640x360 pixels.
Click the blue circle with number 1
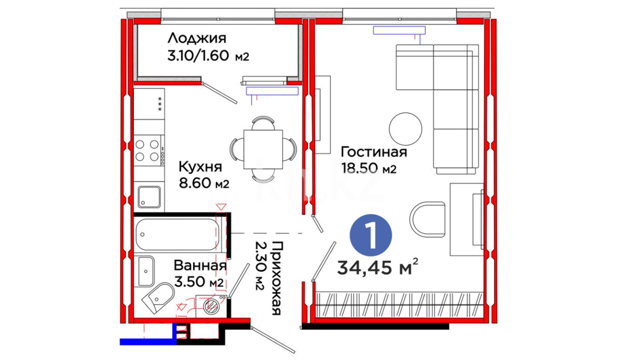pyautogui.click(x=371, y=235)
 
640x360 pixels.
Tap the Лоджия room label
pyautogui.click(x=197, y=38)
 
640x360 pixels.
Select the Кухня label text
pyautogui.click(x=200, y=167)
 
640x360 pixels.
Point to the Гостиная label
pyautogui.click(x=374, y=152)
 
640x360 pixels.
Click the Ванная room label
pyautogui.click(x=200, y=266)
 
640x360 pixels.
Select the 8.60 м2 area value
pyautogui.click(x=204, y=183)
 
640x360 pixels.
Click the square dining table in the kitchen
pyautogui.click(x=263, y=149)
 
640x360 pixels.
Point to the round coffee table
pyautogui.click(x=405, y=129)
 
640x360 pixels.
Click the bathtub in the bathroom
pyautogui.click(x=177, y=234)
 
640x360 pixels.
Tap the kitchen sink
pyautogui.click(x=149, y=197)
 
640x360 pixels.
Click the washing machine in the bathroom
pyautogui.click(x=211, y=306)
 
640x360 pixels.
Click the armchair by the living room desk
pyautogui.click(x=428, y=219)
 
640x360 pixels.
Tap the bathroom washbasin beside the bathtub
pyautogui.click(x=146, y=271)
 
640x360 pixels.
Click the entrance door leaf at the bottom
pyautogui.click(x=273, y=340)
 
